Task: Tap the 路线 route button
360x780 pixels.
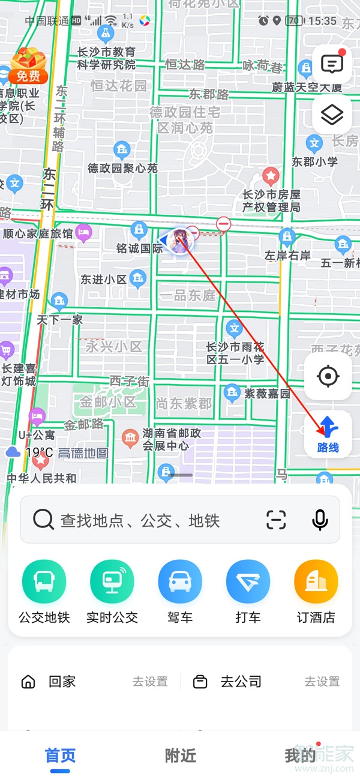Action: tap(328, 434)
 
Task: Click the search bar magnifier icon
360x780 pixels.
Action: tap(43, 520)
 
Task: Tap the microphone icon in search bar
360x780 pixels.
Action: tap(320, 520)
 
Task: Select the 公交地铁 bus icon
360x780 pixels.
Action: tap(44, 581)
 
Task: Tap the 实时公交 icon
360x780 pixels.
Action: tap(112, 581)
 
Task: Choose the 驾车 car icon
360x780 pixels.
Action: tap(180, 581)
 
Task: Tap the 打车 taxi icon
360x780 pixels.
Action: tap(248, 581)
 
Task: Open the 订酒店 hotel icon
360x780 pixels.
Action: tap(316, 581)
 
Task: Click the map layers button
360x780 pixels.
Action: tap(332, 115)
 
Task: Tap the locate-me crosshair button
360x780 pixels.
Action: tap(328, 377)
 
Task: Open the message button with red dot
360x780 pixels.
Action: tap(332, 63)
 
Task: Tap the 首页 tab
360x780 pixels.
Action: tap(60, 755)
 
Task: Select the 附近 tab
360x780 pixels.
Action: tap(180, 755)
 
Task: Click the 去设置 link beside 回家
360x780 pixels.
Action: tap(150, 682)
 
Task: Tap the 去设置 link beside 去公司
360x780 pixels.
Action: tap(322, 682)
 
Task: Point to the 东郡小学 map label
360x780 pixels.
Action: tap(315, 161)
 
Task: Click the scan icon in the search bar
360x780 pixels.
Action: tap(276, 520)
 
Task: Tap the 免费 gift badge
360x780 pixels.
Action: tap(28, 65)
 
